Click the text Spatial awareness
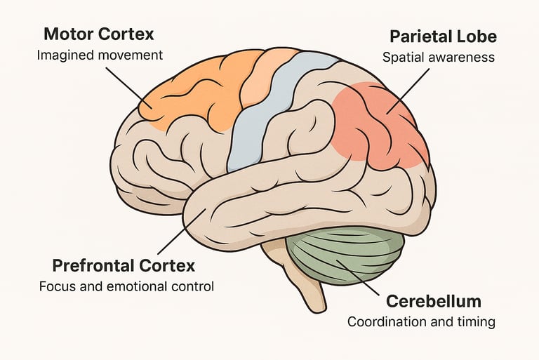pos(439,58)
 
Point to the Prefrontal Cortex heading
pos(124,266)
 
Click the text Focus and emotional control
pos(126,286)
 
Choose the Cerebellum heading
pos(434,302)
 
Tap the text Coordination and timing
pos(422,322)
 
